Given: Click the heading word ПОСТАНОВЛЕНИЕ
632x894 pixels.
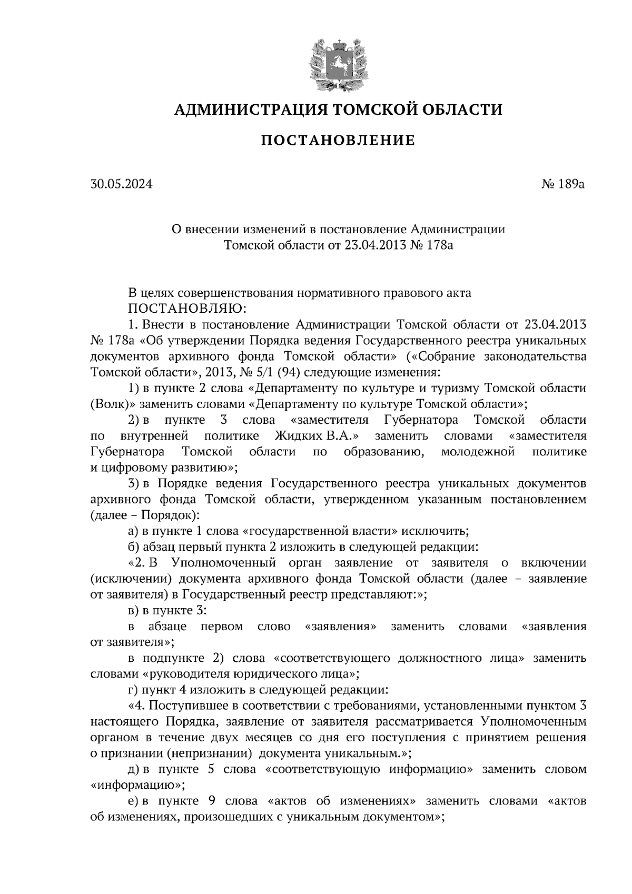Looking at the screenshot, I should (338, 141).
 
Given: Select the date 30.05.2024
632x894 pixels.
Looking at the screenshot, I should (121, 185).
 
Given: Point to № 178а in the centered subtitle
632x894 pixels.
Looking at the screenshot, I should (431, 245).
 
